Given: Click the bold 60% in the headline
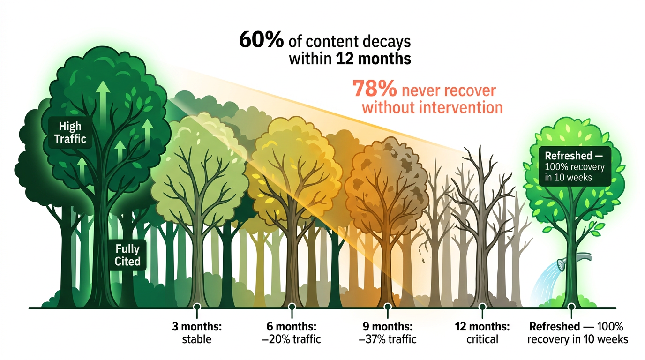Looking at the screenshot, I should click(x=261, y=41).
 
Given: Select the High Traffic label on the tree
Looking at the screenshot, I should click(x=70, y=133).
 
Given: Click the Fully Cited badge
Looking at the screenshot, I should click(x=127, y=255).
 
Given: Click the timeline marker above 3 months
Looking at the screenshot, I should click(x=197, y=307).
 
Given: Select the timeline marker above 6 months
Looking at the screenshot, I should click(x=292, y=307).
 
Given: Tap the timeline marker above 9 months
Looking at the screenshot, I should click(x=388, y=307).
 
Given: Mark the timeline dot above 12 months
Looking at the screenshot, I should click(x=482, y=307).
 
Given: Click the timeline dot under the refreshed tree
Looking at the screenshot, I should click(x=571, y=307).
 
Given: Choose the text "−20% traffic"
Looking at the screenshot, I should click(x=292, y=338).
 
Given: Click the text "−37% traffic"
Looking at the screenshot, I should click(x=387, y=338).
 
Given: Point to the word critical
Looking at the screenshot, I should click(x=482, y=338).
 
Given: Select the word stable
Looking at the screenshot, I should click(x=196, y=338).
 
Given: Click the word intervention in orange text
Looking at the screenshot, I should click(x=457, y=107).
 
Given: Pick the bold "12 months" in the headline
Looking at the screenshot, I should click(x=374, y=60).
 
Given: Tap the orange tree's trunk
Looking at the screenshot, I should click(x=385, y=267).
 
